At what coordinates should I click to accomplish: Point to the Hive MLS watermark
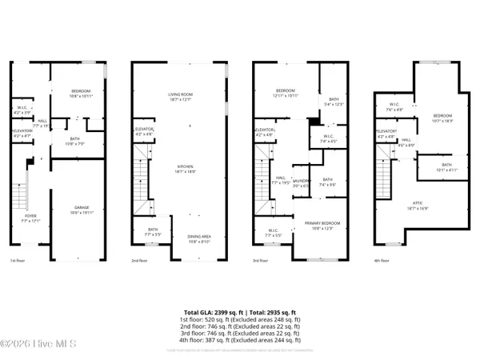[32, 345]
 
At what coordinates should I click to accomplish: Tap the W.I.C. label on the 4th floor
[394, 105]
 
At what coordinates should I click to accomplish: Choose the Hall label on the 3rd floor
[281, 179]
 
